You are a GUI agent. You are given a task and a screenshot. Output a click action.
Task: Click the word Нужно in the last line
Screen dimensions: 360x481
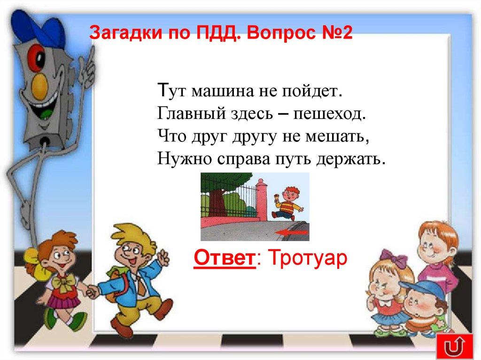[184, 158]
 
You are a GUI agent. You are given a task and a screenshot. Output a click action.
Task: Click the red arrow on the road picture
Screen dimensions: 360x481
[292, 232]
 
